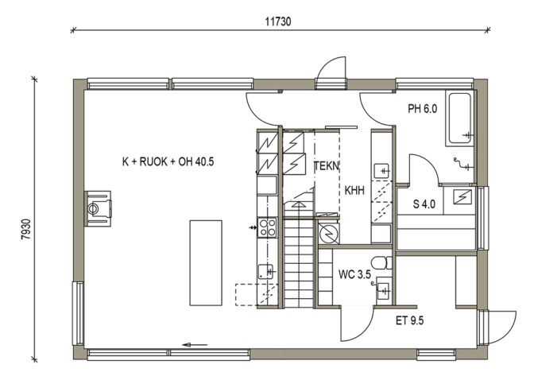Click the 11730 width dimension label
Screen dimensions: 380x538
(x=280, y=22)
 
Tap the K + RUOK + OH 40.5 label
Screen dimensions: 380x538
(x=168, y=161)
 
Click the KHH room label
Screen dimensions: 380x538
(x=354, y=191)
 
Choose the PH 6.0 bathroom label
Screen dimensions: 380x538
(x=423, y=110)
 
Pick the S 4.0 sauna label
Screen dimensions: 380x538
(x=424, y=203)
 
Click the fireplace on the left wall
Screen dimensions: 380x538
(x=98, y=208)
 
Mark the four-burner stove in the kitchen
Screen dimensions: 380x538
(x=267, y=227)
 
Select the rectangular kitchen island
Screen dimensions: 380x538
(x=205, y=262)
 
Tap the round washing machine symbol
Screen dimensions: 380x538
(x=327, y=233)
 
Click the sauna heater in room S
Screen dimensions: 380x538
(x=462, y=196)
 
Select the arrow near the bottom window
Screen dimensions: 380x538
(x=195, y=344)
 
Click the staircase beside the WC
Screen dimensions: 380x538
(x=300, y=262)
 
